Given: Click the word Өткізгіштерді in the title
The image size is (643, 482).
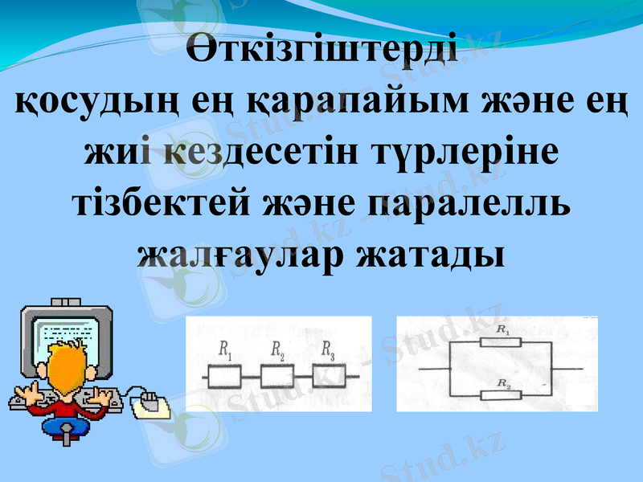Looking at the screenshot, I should pos(321,50).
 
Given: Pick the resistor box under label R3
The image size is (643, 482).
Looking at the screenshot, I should pos(330,376).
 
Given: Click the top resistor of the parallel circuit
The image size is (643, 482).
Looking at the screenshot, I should pos(501,341).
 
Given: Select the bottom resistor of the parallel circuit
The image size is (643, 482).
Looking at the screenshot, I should pos(501,394).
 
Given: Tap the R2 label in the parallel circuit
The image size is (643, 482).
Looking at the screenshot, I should pos(503,385).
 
